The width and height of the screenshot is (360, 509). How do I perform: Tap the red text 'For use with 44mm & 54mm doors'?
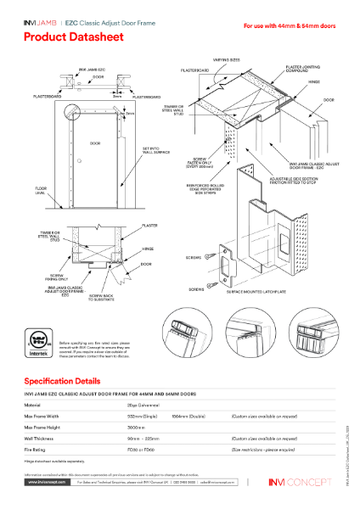coord(290,26)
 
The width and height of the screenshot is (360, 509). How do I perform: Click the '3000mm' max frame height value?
coord(136,428)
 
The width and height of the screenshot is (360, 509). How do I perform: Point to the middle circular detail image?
coord(256,337)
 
